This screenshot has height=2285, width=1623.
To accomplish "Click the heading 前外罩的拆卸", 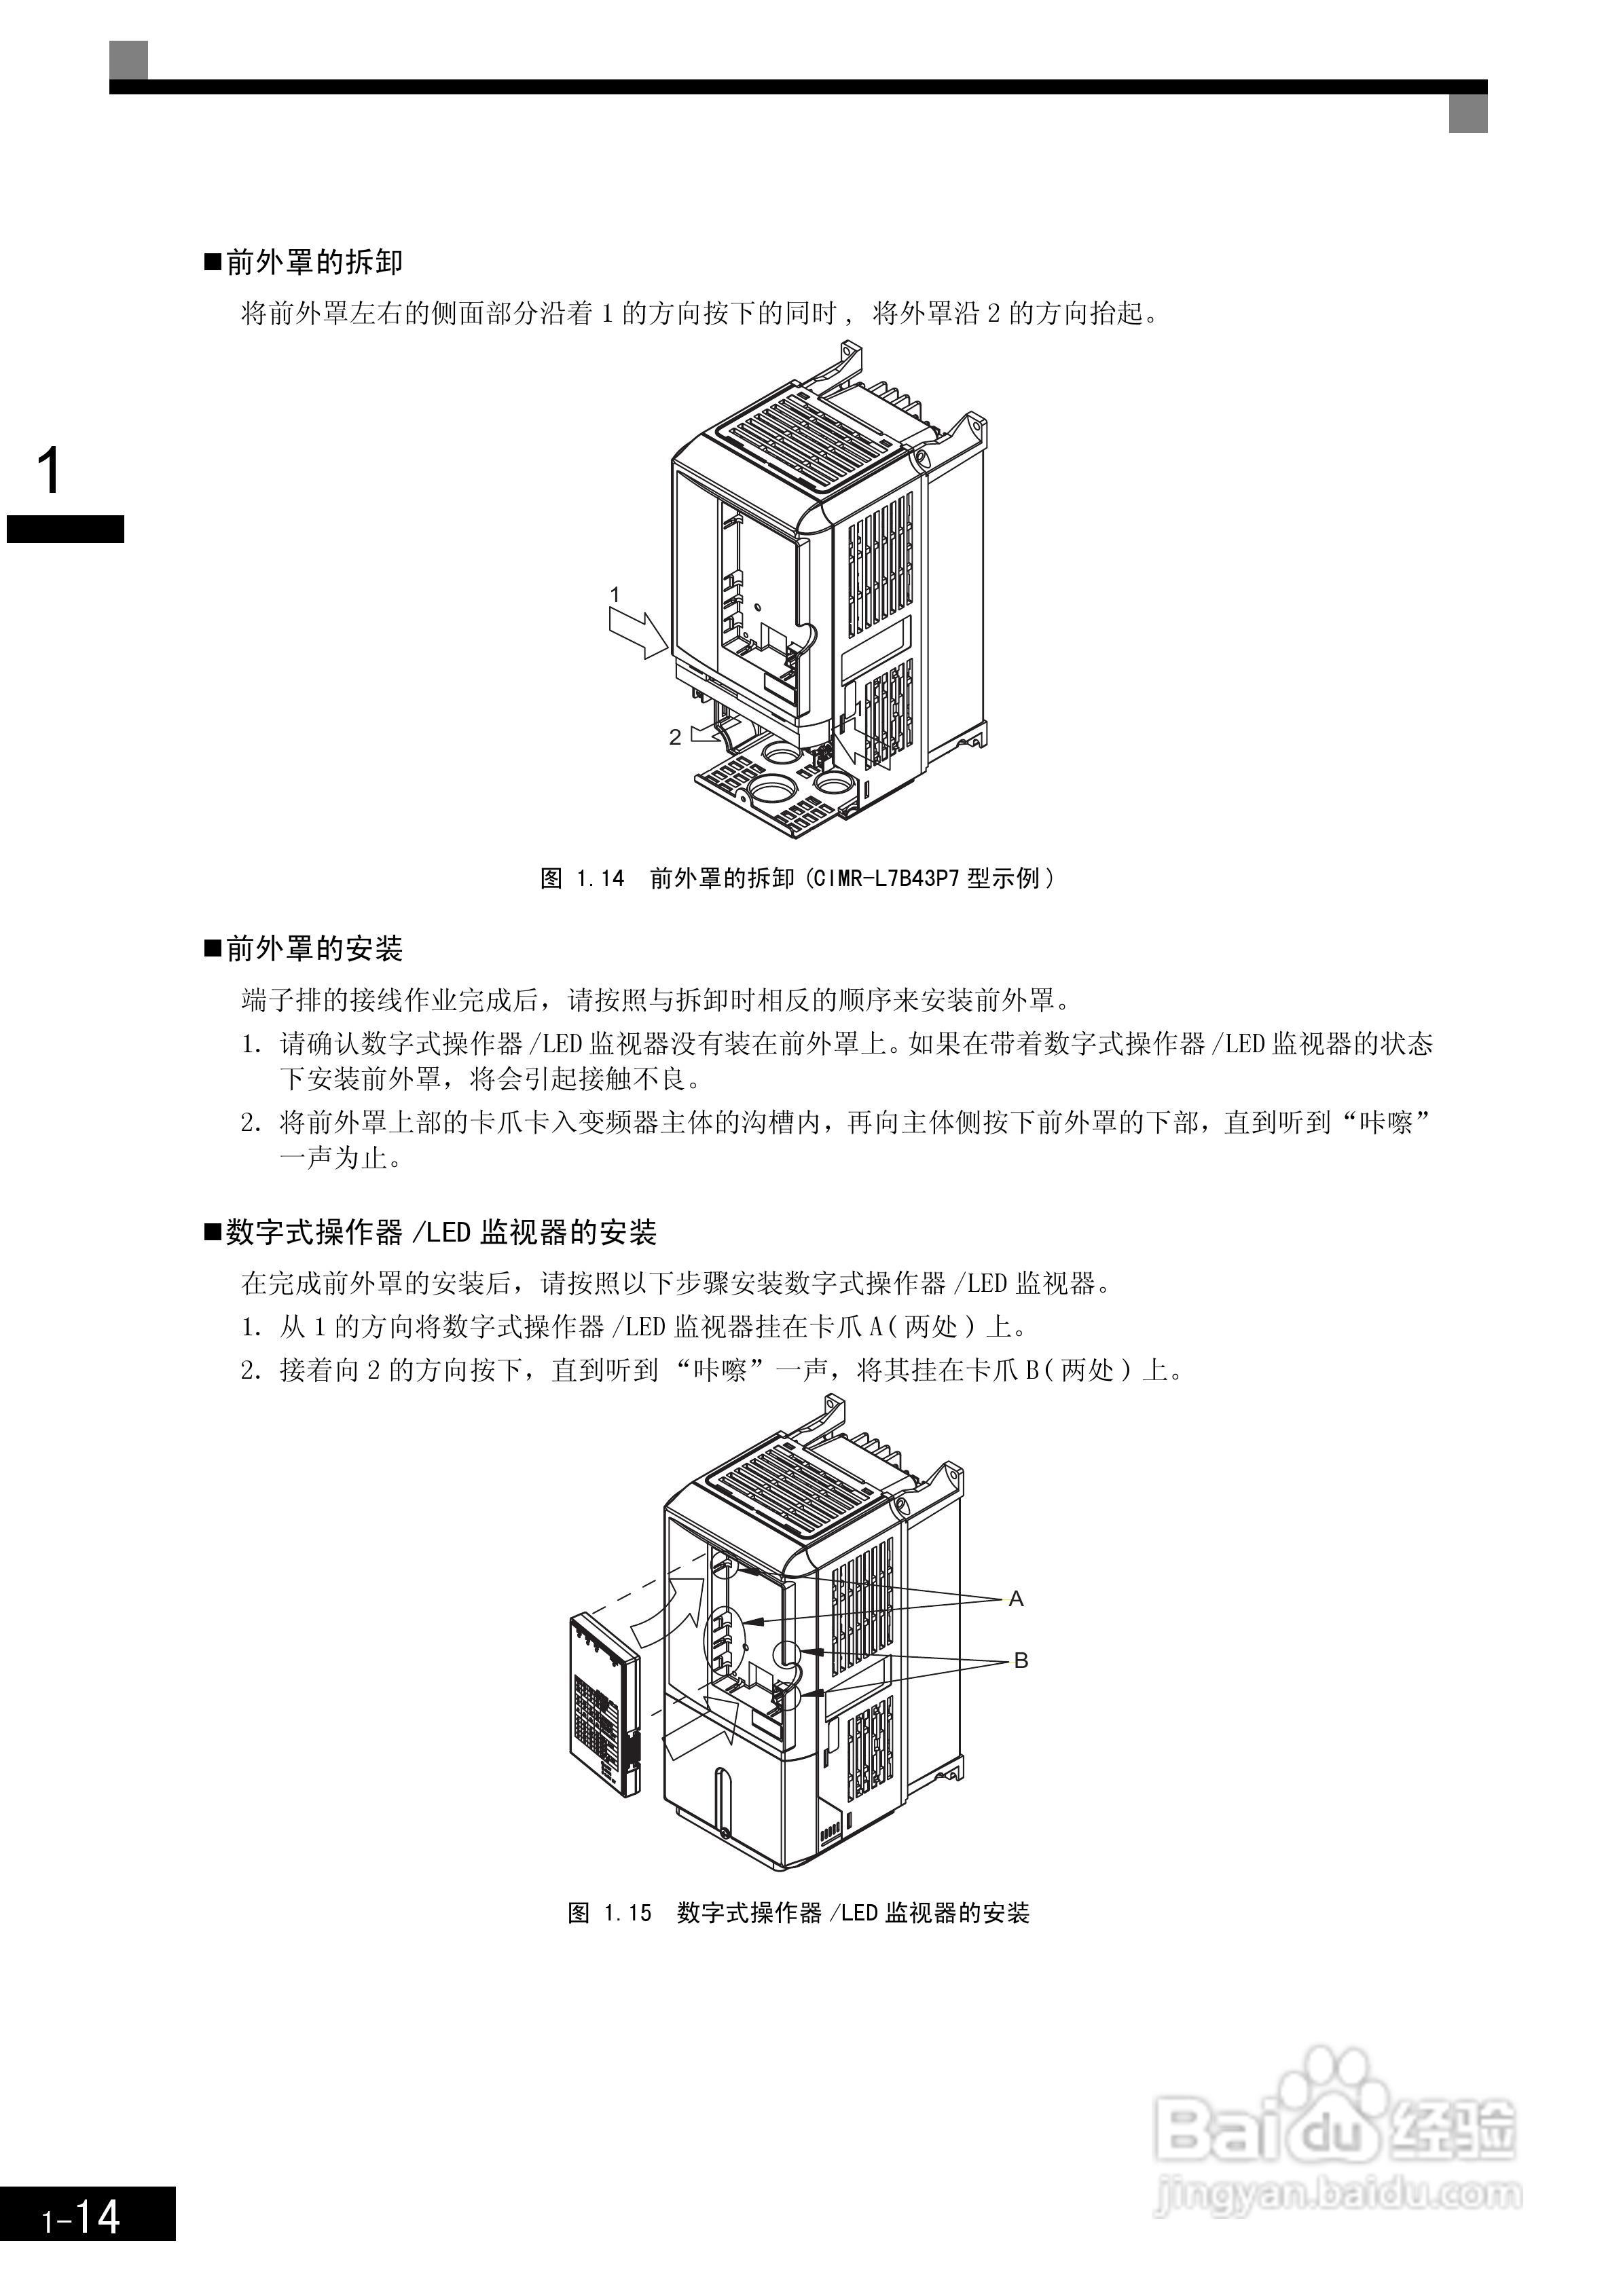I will coord(314,263).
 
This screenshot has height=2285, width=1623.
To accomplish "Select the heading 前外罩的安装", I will coord(314,948).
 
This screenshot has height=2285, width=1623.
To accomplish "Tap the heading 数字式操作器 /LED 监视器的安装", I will coord(441,1232).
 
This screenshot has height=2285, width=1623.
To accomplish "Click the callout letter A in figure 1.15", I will coord(1017,1599).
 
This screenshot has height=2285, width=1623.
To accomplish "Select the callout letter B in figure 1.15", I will coord(1021,1660).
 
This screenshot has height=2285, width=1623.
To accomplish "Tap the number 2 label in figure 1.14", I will coord(676,737).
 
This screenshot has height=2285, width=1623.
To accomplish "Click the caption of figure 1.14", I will coord(797,878).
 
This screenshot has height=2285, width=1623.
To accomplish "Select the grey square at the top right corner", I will coord(1468,113).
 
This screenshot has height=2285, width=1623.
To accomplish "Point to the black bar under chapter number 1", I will coord(66,529).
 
